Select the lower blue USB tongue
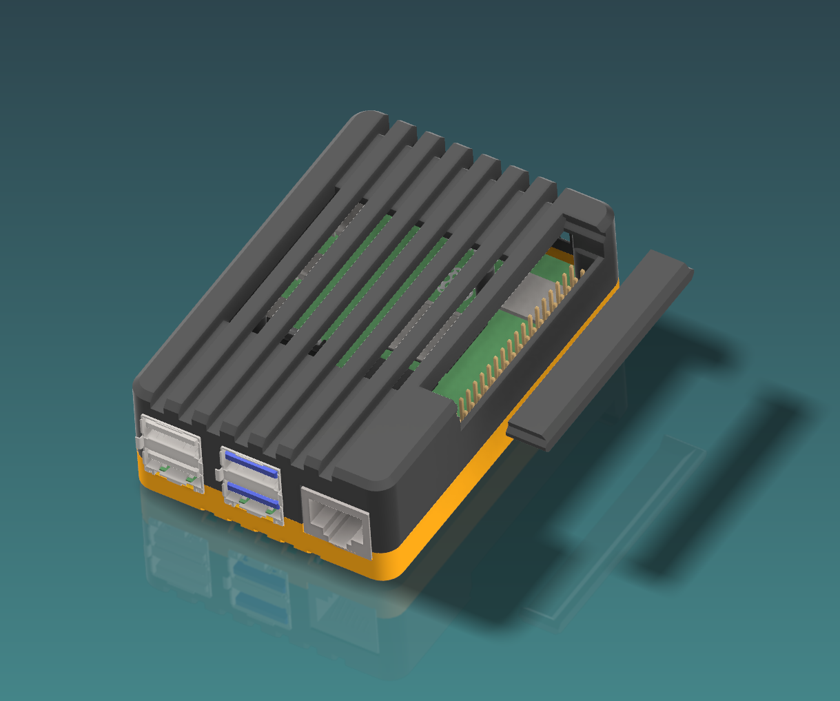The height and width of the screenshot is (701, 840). [253, 495]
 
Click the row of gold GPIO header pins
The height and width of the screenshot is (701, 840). [524, 338]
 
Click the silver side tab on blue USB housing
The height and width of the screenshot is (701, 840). [218, 474]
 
